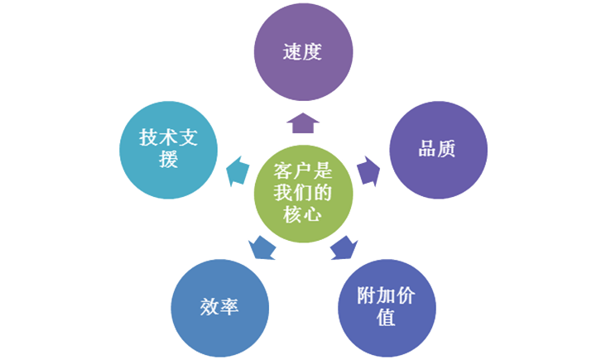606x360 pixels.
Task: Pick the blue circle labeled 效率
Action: point(219,307)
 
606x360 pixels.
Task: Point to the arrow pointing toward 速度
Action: point(302,122)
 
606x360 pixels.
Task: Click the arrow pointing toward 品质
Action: point(368,171)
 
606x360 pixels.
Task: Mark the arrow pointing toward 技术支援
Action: point(237,171)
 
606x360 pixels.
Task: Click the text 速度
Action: point(302,53)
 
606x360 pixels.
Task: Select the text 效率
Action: point(219,307)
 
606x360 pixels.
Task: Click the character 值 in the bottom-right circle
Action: point(386,318)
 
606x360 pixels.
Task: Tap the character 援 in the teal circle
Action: point(169,160)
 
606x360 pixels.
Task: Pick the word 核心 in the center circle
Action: point(302,214)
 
